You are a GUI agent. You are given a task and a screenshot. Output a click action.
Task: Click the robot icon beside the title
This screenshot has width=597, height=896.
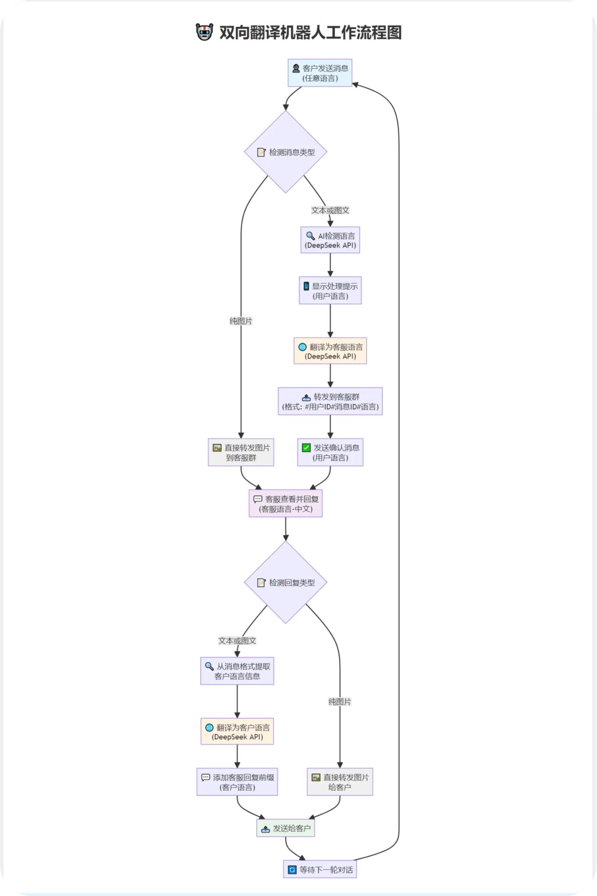204,32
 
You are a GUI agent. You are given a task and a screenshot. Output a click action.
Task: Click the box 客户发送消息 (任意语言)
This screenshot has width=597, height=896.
320,73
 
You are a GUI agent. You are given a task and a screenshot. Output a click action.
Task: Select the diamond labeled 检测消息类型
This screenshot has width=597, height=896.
285,152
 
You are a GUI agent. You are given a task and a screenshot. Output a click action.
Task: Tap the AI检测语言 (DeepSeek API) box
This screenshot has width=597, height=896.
330,240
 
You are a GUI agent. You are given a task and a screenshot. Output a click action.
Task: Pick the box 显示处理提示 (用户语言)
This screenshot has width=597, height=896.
330,290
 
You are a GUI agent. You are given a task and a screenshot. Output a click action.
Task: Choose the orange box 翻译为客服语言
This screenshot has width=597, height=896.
330,351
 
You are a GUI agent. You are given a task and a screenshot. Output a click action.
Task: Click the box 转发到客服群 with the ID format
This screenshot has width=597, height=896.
330,401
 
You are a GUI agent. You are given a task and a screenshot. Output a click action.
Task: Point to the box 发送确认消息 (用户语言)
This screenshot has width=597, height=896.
330,452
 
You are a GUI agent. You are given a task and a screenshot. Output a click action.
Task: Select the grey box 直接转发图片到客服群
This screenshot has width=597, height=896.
241,452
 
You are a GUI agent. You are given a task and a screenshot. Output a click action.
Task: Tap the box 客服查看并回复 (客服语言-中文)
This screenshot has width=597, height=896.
285,503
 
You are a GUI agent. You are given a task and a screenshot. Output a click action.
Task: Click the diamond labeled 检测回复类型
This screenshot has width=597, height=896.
285,582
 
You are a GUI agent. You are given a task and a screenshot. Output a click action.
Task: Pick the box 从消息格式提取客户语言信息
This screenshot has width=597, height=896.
237,671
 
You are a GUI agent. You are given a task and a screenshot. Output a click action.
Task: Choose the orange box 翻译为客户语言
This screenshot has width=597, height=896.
237,731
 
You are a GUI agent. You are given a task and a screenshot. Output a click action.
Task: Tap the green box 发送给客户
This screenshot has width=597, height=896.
285,828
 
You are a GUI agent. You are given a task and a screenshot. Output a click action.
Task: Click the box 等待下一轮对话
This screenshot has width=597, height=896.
320,869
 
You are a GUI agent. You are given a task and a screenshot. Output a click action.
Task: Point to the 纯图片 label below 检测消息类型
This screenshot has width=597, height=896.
241,321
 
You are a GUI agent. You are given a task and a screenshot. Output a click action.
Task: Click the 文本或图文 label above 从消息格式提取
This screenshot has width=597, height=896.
237,641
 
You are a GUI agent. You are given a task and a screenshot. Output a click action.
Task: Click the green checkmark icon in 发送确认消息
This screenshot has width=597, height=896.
306,448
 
